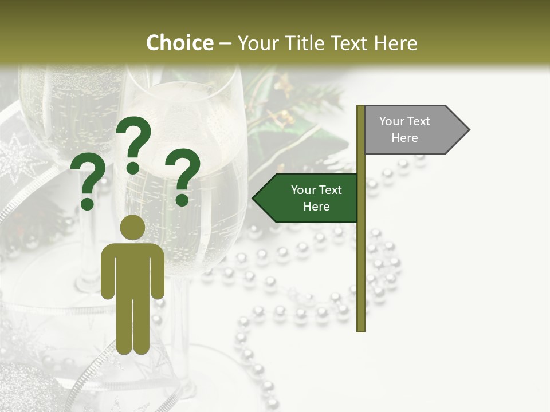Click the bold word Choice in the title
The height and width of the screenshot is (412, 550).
179,43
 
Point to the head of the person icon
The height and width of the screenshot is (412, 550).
132,227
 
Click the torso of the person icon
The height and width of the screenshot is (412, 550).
132,269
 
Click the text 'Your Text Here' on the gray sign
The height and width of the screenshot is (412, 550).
404,129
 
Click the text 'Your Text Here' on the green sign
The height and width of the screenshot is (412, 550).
316,198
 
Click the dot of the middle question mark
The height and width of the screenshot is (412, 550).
133,168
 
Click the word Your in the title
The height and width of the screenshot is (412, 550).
257,43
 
